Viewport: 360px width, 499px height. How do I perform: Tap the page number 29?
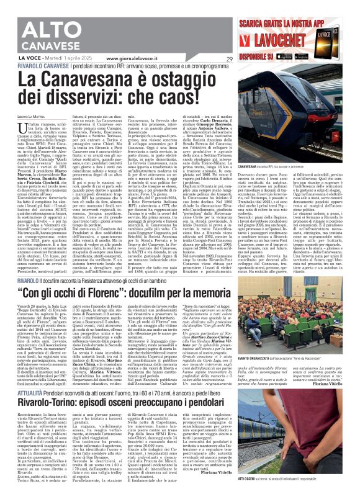tap(229, 59)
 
